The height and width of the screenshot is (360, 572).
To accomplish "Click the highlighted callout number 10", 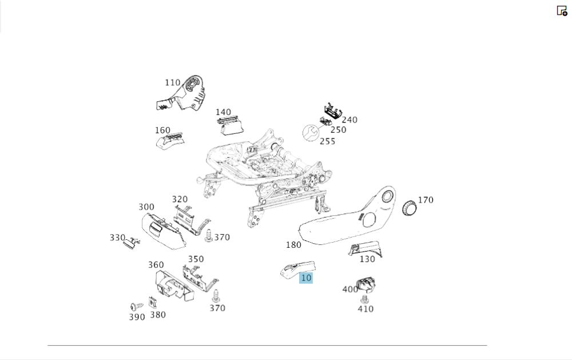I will [x=306, y=278].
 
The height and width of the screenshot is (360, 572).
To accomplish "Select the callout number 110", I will [x=172, y=83].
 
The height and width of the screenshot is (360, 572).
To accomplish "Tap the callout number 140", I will [x=223, y=112].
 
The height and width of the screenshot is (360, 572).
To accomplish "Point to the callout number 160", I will [x=162, y=130].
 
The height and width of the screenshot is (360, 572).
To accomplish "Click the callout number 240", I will [x=349, y=120].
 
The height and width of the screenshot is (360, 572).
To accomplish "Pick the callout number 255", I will [x=327, y=141].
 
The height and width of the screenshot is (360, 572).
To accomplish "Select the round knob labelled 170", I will [x=410, y=208].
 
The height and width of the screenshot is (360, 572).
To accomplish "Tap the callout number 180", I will [x=293, y=245].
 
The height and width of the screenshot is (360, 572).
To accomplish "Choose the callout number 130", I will [x=367, y=259].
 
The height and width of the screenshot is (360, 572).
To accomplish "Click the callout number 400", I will [x=350, y=290].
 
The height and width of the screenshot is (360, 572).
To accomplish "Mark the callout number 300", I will [x=146, y=207].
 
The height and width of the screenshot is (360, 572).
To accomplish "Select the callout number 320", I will [x=180, y=200].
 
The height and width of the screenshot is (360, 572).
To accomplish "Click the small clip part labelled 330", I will [x=132, y=242].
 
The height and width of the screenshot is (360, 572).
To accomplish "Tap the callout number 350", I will [x=196, y=259].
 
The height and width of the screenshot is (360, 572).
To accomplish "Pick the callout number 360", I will [x=156, y=265].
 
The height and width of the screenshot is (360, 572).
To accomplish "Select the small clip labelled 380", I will [x=153, y=302].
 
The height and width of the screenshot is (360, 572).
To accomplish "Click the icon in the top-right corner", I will [x=562, y=10].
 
